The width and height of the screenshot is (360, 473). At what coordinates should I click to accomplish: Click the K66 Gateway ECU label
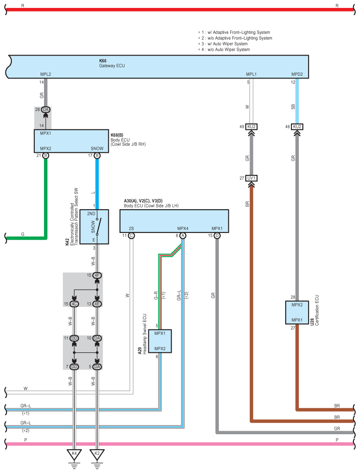(x=112, y=63)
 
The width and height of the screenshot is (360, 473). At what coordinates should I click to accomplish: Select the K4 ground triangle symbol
(x=74, y=455)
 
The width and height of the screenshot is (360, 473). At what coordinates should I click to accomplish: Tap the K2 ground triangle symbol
(x=97, y=455)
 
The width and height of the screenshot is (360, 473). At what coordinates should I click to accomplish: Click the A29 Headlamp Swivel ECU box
(x=160, y=341)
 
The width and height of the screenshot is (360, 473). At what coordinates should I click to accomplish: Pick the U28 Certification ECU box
(x=297, y=313)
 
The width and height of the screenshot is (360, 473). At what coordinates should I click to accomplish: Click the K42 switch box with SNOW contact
(x=94, y=227)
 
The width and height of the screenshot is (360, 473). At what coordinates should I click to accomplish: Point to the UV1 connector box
(x=251, y=178)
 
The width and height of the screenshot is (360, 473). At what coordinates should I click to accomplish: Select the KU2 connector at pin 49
(x=251, y=127)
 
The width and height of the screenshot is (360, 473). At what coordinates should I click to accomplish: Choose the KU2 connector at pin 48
(x=297, y=127)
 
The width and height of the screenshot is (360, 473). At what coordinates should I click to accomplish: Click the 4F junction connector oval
(x=97, y=275)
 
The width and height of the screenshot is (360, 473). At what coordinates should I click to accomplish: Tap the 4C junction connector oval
(x=74, y=304)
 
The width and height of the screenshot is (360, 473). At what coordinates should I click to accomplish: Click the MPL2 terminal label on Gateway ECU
(x=45, y=74)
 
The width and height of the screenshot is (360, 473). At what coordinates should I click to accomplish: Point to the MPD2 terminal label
(x=297, y=74)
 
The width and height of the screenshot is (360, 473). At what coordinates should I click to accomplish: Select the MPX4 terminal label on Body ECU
(x=183, y=229)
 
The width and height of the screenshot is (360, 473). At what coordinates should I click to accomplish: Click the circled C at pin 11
(x=131, y=236)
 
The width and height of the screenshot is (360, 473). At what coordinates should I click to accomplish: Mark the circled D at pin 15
(x=217, y=236)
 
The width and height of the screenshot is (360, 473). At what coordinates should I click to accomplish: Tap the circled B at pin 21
(x=45, y=155)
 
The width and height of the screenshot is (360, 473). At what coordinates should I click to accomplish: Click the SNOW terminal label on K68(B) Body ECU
(x=97, y=148)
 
